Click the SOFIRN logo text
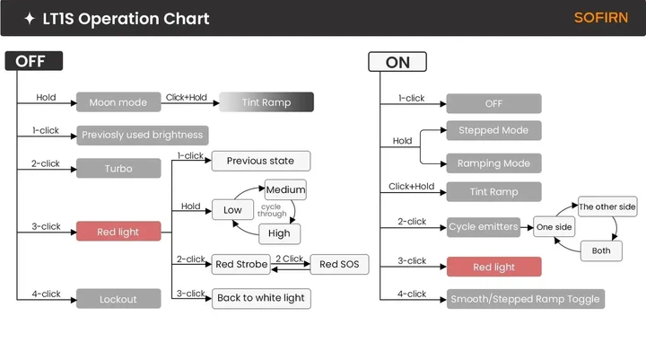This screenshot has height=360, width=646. (x=600, y=18)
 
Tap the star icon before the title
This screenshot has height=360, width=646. (x=30, y=19)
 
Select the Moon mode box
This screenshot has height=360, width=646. (x=118, y=101)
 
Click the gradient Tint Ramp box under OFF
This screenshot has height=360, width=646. (x=266, y=101)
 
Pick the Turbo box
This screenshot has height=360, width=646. (x=118, y=168)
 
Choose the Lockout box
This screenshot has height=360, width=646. (x=118, y=299)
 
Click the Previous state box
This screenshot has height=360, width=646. (x=261, y=161)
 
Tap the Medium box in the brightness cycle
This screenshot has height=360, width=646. (x=285, y=189)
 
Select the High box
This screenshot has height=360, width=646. (x=279, y=233)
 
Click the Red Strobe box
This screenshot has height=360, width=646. (x=241, y=264)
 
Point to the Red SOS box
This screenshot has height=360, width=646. (x=339, y=264)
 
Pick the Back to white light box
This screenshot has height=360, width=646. (x=261, y=299)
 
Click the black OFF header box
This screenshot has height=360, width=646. (x=34, y=61)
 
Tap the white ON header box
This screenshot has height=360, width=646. (x=397, y=62)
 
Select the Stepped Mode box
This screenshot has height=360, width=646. (x=493, y=130)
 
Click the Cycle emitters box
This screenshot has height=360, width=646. (x=484, y=227)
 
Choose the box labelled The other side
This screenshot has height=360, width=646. (x=607, y=206)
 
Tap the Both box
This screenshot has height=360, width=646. (x=601, y=250)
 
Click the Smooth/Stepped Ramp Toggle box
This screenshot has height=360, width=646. (x=525, y=299)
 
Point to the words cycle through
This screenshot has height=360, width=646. (x=272, y=210)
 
